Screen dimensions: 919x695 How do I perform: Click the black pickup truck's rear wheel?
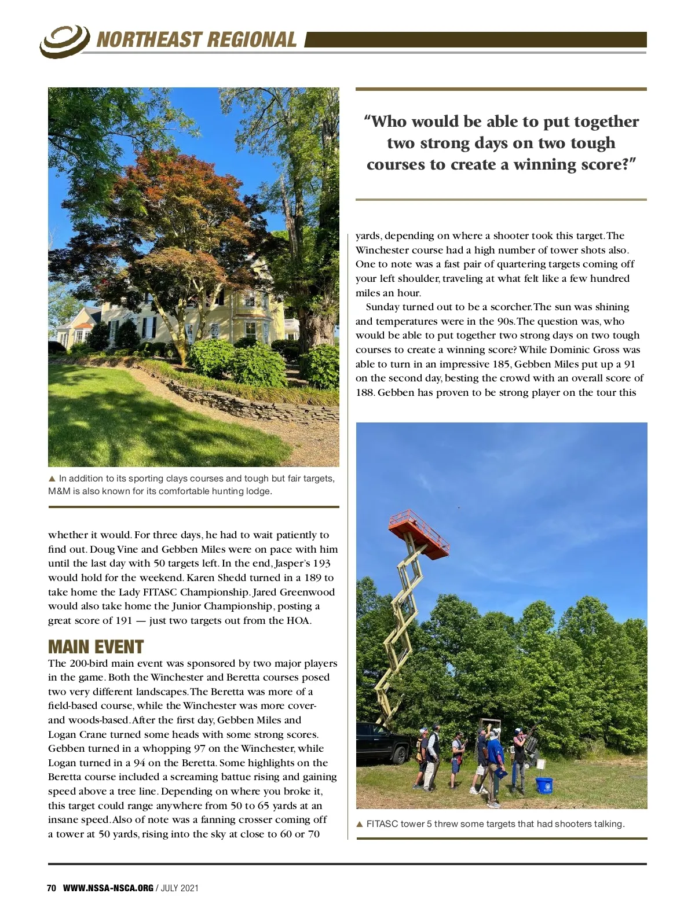pos(399,755)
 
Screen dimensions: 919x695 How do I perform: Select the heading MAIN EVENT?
pos(96,646)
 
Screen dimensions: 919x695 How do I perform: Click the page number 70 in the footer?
pos(52,888)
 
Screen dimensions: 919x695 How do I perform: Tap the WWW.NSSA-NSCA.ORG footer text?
pos(108,888)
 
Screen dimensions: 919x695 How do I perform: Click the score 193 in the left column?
pos(321,563)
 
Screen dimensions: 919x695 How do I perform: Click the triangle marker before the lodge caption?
pos(52,479)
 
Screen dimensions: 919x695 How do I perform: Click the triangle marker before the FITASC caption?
pos(360,824)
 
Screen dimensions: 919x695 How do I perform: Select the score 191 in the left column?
pos(123,620)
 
